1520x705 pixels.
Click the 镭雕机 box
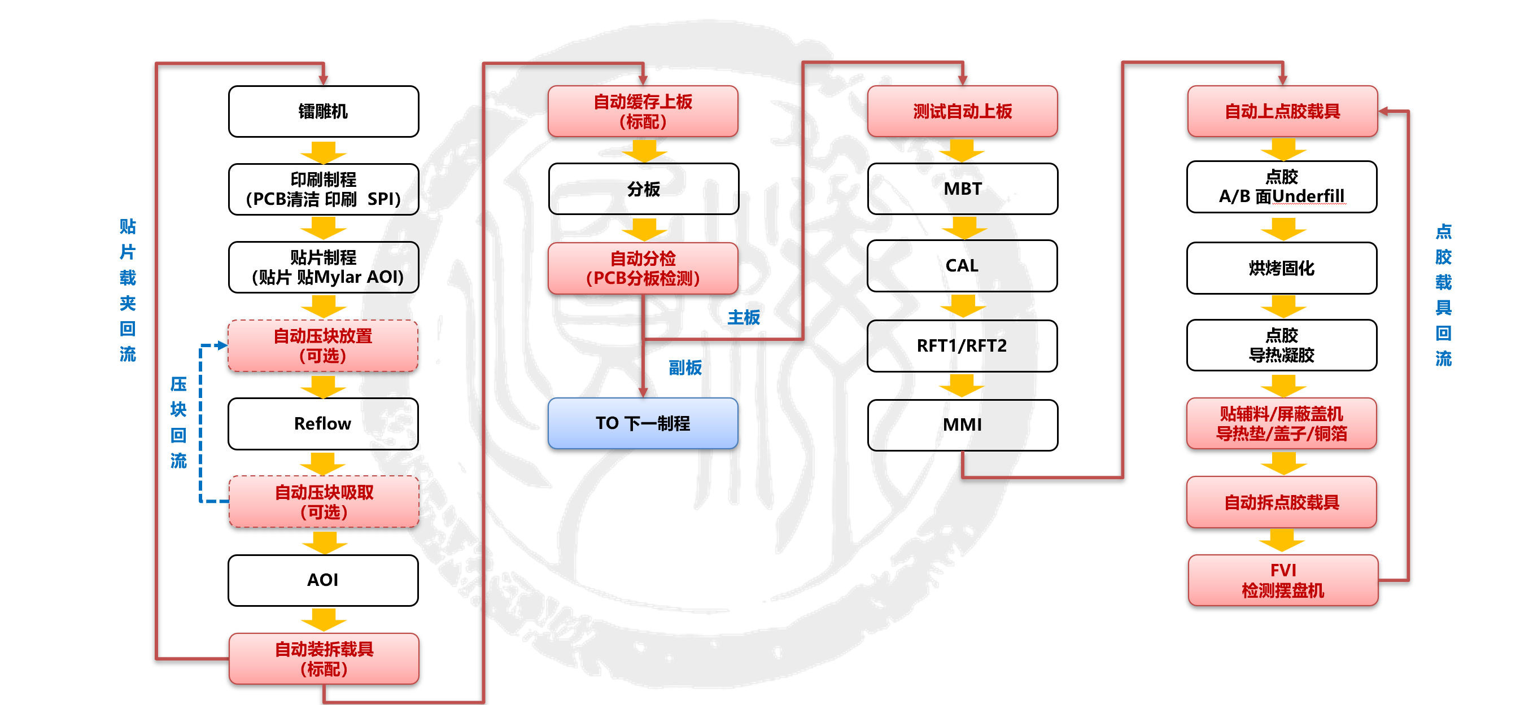click(x=324, y=112)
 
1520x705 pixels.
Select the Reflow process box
click(x=324, y=423)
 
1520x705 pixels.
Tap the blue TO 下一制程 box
click(x=643, y=423)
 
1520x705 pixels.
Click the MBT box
click(x=962, y=189)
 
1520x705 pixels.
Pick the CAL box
click(x=962, y=265)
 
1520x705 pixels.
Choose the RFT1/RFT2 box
click(x=962, y=345)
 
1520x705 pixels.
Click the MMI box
click(x=962, y=425)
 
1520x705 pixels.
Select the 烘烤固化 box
click(x=1282, y=268)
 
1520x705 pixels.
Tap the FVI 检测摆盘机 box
click(x=1283, y=580)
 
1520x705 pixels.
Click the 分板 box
click(x=643, y=189)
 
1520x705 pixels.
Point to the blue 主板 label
click(x=744, y=317)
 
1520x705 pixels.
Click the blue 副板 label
click(x=685, y=367)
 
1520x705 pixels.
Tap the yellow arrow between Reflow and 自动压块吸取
click(x=323, y=463)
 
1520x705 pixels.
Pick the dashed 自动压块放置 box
click(x=324, y=345)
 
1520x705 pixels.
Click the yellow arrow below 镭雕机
click(x=324, y=152)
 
